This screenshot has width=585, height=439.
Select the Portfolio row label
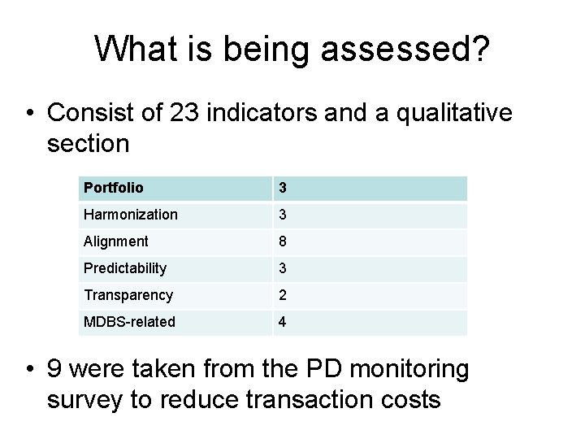[113, 188]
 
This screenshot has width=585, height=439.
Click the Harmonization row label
[130, 215]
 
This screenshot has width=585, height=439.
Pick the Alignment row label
[115, 241]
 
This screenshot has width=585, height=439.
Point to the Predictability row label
[124, 268]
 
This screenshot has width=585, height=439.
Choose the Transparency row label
[128, 295]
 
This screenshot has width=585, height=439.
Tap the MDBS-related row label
[128, 322]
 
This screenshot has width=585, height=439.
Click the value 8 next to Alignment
[283, 241]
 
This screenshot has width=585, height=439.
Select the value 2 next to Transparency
[283, 295]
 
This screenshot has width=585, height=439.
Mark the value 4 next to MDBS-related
[283, 322]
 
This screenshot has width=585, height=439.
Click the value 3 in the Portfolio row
[283, 188]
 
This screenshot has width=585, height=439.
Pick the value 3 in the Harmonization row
[283, 215]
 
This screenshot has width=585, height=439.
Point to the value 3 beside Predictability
[283, 268]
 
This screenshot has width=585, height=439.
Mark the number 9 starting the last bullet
[56, 370]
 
